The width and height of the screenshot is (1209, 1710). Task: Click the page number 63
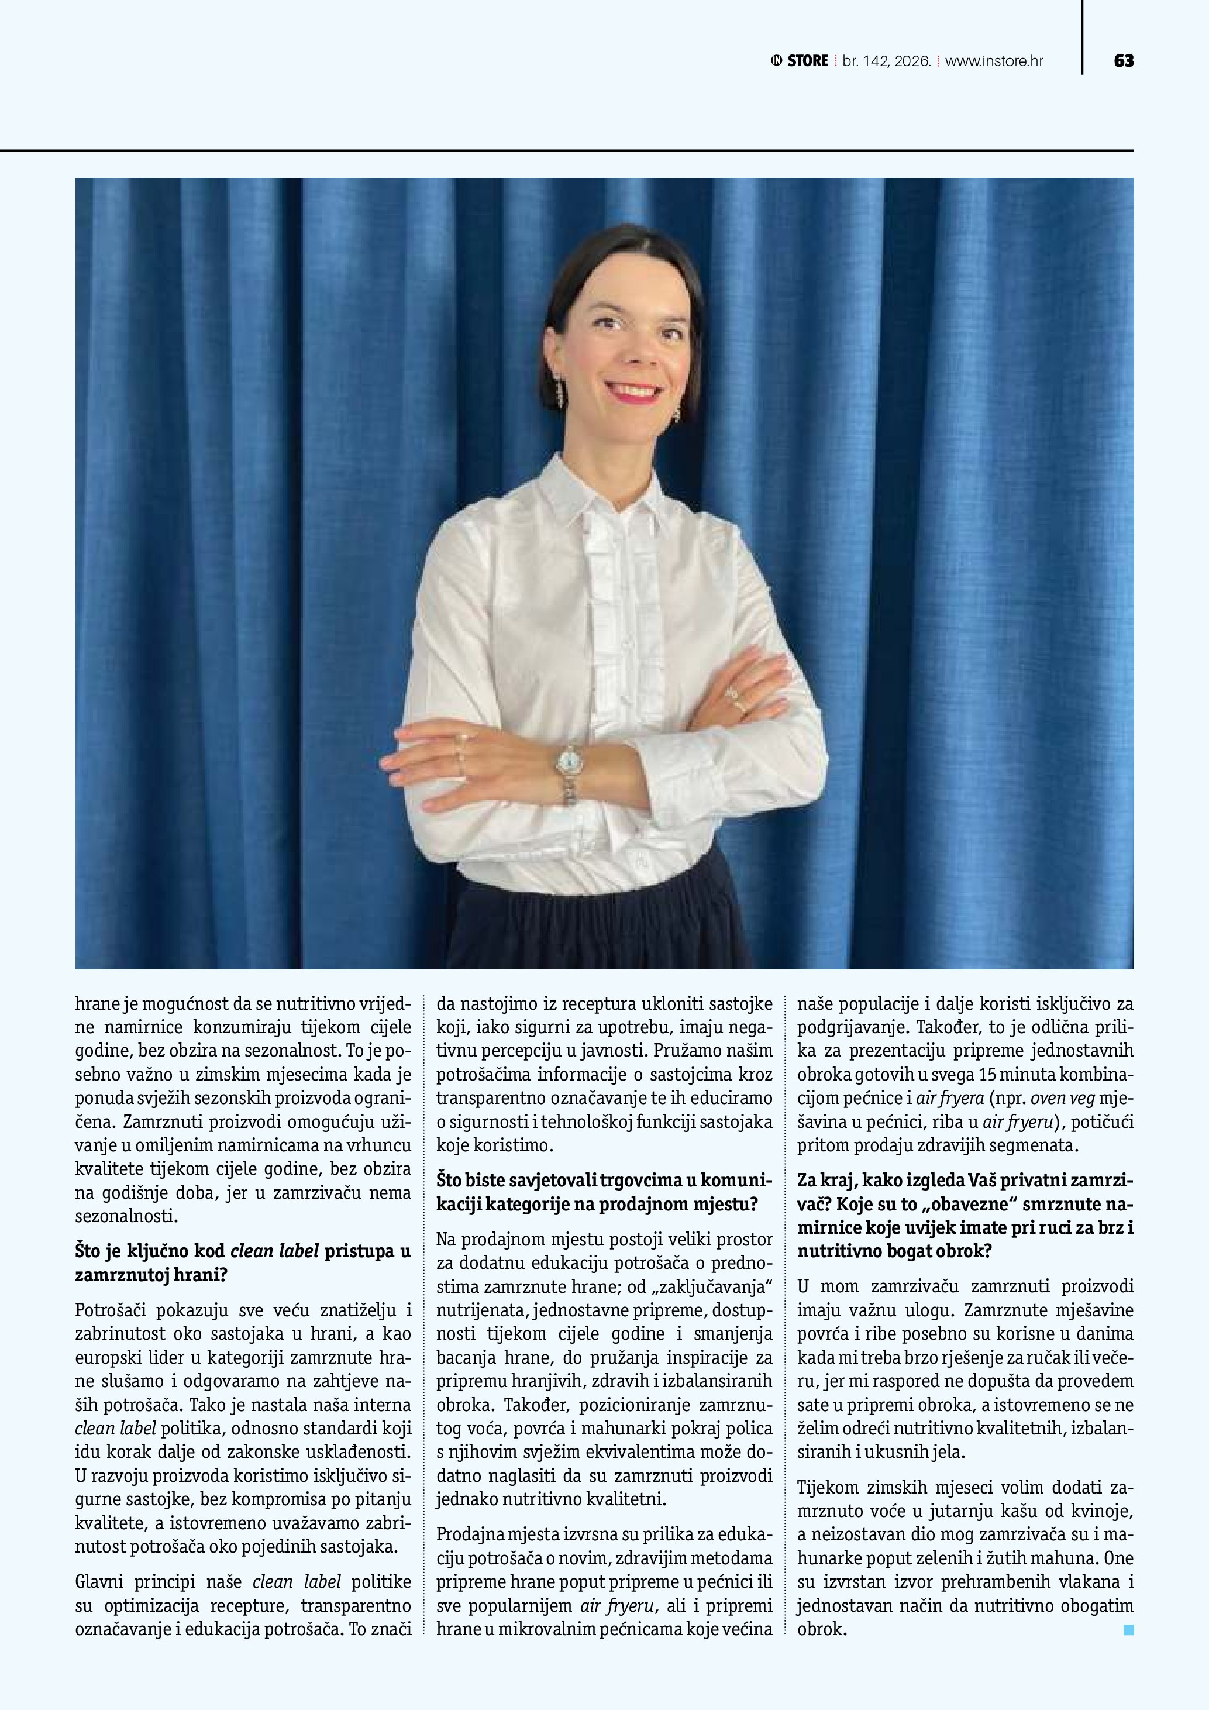(1124, 61)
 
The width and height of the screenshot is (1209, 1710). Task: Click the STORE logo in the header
(800, 61)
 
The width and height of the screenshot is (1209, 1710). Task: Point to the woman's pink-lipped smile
(633, 391)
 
